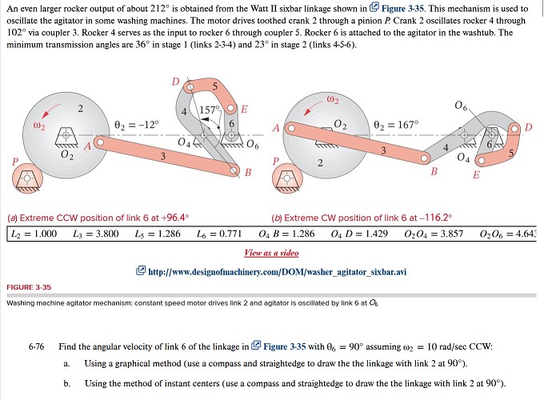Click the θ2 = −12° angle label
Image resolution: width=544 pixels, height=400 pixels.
click(x=137, y=124)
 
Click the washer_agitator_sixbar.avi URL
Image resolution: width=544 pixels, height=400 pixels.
click(x=278, y=271)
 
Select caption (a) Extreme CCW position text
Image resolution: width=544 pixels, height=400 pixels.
click(x=98, y=216)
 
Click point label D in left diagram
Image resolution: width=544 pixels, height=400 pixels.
click(x=175, y=82)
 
